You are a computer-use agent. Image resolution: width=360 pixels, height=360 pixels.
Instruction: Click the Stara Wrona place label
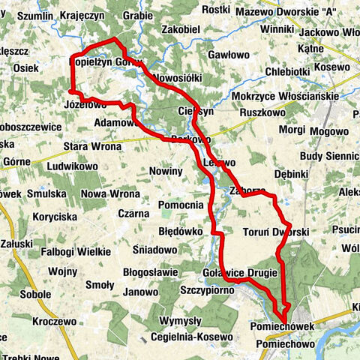tap(92, 146)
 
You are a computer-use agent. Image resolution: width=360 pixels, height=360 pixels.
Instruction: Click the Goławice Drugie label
tap(240, 272)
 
